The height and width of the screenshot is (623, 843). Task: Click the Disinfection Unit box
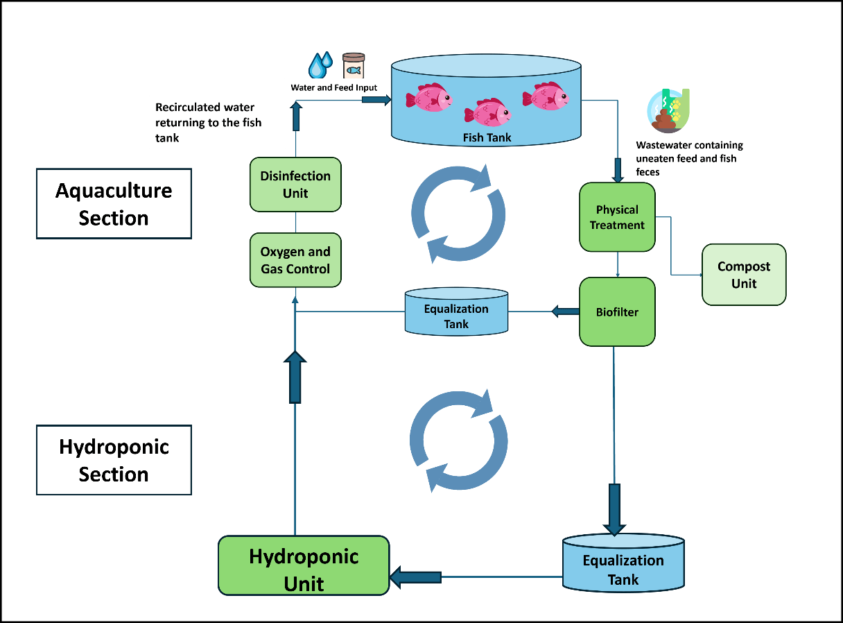pos(295,184)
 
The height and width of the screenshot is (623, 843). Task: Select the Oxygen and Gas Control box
pos(295,260)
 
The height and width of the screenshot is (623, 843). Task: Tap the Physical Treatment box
pos(617,217)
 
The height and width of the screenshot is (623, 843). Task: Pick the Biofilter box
pos(617,312)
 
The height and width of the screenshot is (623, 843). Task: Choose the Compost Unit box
pos(744,275)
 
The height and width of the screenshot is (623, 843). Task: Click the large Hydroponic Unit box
pos(304,565)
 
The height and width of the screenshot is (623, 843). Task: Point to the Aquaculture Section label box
pos(114,204)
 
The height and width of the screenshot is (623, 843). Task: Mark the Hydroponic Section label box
pos(114,460)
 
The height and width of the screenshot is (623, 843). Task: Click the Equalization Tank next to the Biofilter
pos(456,312)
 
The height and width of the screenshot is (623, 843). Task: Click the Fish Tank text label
pos(487,137)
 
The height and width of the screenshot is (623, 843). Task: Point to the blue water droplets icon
pos(320,65)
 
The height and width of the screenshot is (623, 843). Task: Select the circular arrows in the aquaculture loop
pos(458,213)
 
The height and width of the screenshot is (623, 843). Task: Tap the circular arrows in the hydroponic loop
pos(458,441)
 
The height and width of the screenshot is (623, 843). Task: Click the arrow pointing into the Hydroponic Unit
pos(416,577)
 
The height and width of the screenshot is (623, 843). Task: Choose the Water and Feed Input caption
pos(333,87)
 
